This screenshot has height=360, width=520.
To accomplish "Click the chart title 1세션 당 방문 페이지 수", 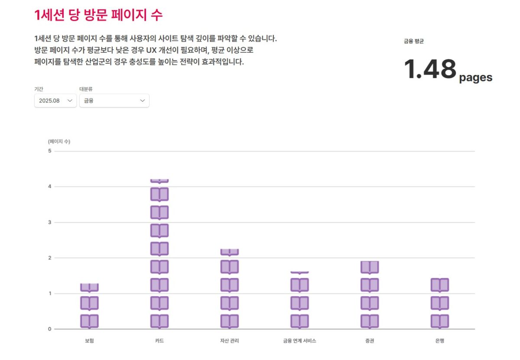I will pyautogui.click(x=98, y=15).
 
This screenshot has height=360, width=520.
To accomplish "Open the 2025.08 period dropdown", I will pyautogui.click(x=55, y=101).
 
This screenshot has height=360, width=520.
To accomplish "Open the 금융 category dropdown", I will pyautogui.click(x=114, y=101).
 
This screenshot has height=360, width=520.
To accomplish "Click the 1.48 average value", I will pyautogui.click(x=430, y=69).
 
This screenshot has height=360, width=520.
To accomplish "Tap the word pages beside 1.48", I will pyautogui.click(x=475, y=78).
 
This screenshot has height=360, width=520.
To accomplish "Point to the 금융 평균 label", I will pyautogui.click(x=414, y=42).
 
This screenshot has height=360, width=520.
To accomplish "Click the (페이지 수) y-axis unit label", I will pyautogui.click(x=59, y=141).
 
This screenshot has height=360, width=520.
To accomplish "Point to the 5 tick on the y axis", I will pyautogui.click(x=50, y=151).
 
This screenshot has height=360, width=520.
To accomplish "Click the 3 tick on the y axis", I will pyautogui.click(x=50, y=222).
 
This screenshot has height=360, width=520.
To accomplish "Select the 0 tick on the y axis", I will pyautogui.click(x=50, y=329).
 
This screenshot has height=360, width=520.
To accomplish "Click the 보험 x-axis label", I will pyautogui.click(x=89, y=341).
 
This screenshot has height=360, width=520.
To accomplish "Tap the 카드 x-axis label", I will pyautogui.click(x=159, y=341).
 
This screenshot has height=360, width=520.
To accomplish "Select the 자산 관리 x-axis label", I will pyautogui.click(x=230, y=341).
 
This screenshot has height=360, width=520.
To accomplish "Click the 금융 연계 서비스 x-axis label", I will pyautogui.click(x=299, y=341).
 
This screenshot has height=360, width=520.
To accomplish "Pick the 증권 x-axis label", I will pyautogui.click(x=370, y=341).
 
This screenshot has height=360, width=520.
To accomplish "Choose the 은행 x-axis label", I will pyautogui.click(x=440, y=341).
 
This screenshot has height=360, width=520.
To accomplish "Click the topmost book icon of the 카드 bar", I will pyautogui.click(x=159, y=181).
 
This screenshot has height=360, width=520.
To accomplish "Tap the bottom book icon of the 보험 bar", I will pyautogui.click(x=89, y=321).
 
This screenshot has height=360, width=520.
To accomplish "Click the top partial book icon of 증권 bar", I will pyautogui.click(x=370, y=267).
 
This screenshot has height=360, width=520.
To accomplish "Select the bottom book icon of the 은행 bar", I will pyautogui.click(x=440, y=321).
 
